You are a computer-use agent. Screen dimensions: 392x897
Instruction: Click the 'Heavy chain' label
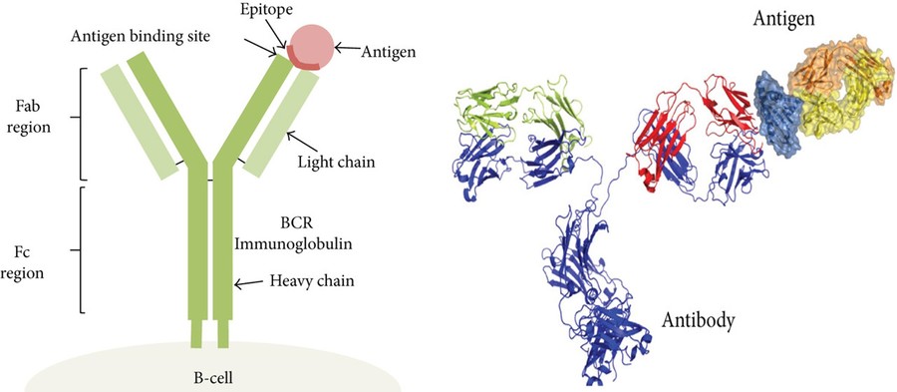coord(312,282)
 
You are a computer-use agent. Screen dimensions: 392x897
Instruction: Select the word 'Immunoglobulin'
coord(318,239)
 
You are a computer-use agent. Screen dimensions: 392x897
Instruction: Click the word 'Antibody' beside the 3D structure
coord(698,321)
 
